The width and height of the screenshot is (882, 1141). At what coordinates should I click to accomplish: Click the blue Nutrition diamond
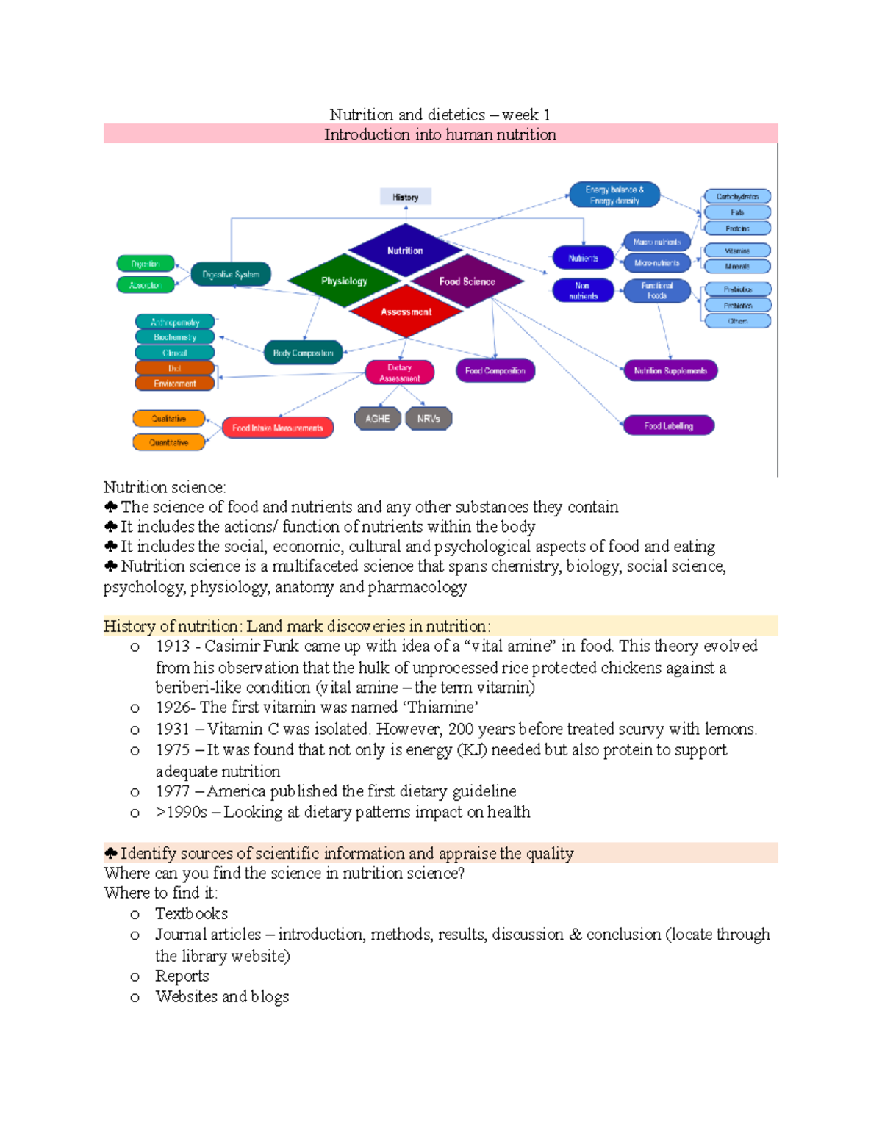pyautogui.click(x=405, y=251)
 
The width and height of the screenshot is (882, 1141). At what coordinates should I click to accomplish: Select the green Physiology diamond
pyautogui.click(x=344, y=281)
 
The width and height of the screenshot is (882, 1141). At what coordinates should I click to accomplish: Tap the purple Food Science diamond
pyautogui.click(x=467, y=281)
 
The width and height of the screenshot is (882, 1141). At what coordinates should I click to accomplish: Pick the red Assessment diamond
pyautogui.click(x=406, y=312)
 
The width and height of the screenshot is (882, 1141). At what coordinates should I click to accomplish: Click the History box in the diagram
pyautogui.click(x=405, y=197)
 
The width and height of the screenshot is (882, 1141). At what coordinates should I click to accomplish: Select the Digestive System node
pyautogui.click(x=231, y=275)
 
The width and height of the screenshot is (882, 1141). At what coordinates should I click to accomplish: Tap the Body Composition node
pyautogui.click(x=303, y=353)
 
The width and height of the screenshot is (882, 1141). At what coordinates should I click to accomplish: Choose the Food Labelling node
pyautogui.click(x=668, y=425)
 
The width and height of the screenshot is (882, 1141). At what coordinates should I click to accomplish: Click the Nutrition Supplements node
pyautogui.click(x=670, y=371)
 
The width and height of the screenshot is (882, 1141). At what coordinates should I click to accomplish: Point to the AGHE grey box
pyautogui.click(x=377, y=419)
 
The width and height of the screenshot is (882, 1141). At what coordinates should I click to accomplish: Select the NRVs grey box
pyautogui.click(x=429, y=419)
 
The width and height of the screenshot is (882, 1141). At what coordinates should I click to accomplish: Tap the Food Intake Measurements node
pyautogui.click(x=277, y=428)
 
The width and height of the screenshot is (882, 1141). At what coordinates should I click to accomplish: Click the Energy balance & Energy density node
pyautogui.click(x=614, y=195)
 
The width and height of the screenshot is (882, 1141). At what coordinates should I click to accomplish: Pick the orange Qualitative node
pyautogui.click(x=168, y=419)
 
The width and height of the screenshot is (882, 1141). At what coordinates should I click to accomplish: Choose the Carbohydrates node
pyautogui.click(x=737, y=196)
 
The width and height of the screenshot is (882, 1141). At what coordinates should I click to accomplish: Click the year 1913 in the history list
pyautogui.click(x=173, y=647)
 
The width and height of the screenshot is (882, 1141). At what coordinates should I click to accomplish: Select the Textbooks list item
pyautogui.click(x=191, y=914)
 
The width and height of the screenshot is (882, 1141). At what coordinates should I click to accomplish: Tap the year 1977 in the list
pyautogui.click(x=173, y=791)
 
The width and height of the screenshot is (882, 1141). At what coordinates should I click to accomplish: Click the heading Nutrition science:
pyautogui.click(x=165, y=487)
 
